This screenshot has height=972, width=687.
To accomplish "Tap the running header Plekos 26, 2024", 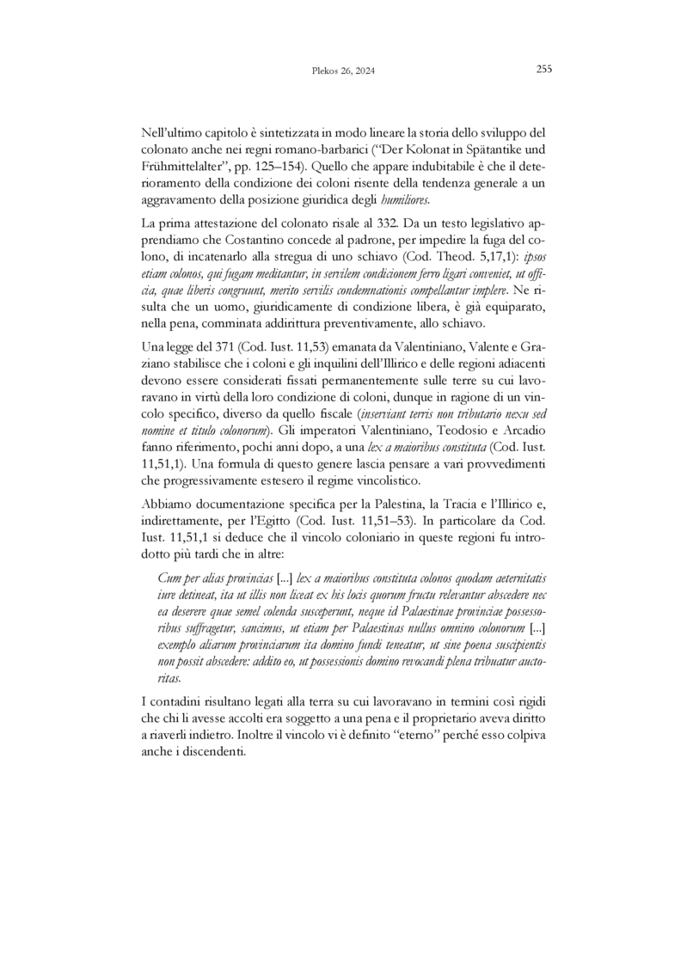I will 343,72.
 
